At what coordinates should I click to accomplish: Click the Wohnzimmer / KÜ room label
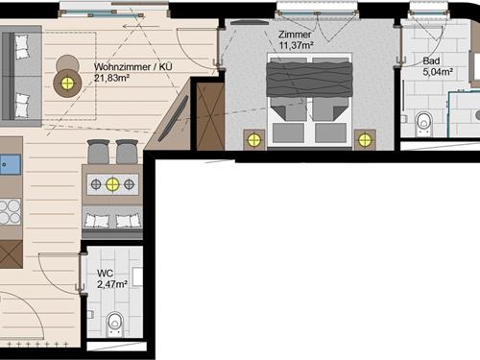coord(133,67)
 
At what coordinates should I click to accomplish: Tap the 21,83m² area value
coord(111,78)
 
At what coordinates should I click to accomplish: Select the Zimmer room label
coord(295,35)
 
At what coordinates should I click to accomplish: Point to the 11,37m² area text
coord(296,45)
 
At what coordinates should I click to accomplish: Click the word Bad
coord(431,60)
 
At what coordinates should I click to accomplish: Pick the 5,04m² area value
coord(438,72)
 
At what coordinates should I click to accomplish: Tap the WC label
coord(105,274)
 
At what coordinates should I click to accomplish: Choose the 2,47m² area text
coord(112,284)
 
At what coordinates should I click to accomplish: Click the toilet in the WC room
coord(115,324)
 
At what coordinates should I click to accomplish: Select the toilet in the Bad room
coord(424,124)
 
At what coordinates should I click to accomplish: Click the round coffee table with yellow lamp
coord(67,84)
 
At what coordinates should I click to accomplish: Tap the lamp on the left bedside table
coord(254,140)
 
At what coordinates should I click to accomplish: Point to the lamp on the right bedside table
coord(365,140)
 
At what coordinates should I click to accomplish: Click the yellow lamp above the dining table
coord(112,184)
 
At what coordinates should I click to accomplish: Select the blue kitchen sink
coord(10,164)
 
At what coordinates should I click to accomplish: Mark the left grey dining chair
coord(99,152)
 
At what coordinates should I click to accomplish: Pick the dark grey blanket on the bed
coord(309,79)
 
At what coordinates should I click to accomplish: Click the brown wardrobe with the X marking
coord(210,116)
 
